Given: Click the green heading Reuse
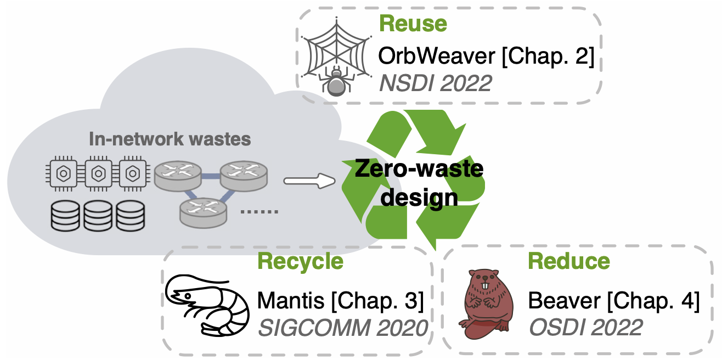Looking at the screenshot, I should coord(413,25).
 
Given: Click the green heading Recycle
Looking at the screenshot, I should coord(300,261).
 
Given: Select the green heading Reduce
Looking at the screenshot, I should coord(568,261).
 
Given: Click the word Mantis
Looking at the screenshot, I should coord(291,301).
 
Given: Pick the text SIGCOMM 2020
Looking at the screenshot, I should coord(342,328).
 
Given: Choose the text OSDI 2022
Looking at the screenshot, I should coord(585,328).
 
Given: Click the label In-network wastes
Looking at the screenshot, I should coord(170,139).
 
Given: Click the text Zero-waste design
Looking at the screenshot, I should coord(419,183).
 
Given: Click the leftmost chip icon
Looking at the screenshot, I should coord(64,174).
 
